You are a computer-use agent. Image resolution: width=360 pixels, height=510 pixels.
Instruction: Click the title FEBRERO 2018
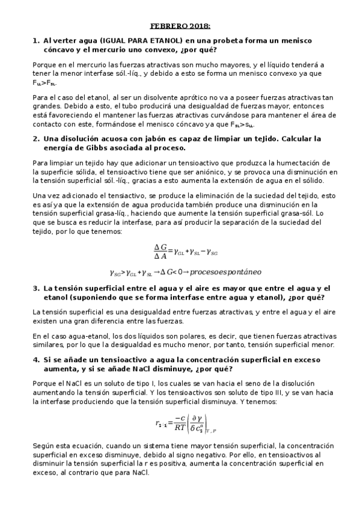180,26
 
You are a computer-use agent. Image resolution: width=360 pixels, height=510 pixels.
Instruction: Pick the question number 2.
35,139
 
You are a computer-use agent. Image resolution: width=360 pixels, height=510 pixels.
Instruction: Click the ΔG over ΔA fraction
160,251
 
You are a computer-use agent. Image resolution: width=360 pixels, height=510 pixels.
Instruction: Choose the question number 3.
35,288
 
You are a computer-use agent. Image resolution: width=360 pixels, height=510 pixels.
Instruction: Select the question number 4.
35,359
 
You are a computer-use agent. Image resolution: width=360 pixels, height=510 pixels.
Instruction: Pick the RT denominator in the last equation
180,428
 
